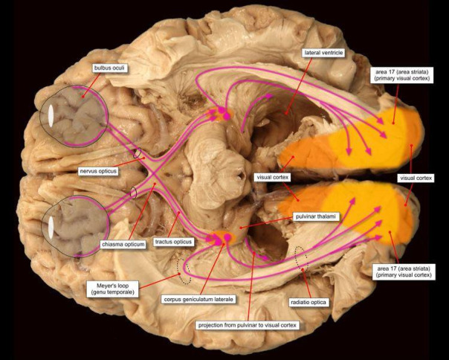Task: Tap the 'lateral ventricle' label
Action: coord(326,54)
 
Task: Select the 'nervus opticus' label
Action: coord(100,171)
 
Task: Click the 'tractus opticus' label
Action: coord(173,242)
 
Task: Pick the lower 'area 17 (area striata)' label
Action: coord(403,271)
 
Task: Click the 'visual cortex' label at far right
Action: coord(416,179)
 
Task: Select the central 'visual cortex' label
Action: coord(272,179)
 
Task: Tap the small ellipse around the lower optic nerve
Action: coord(133,193)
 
